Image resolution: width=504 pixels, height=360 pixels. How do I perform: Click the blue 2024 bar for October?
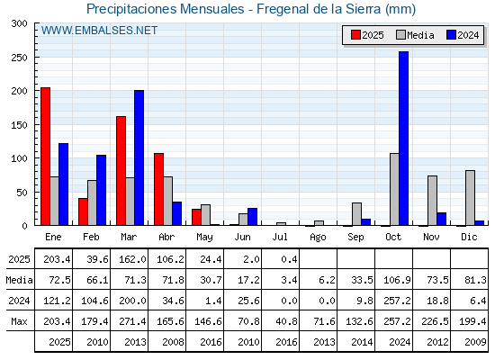[x=404, y=139]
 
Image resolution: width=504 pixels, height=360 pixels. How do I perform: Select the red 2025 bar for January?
[x=45, y=157]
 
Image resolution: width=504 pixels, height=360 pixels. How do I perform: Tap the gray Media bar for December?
[x=470, y=198]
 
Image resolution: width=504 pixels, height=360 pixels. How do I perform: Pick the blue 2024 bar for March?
[x=139, y=157]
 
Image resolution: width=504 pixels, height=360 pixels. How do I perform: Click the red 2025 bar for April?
[x=158, y=189]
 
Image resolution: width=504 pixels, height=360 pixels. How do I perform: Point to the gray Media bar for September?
[x=356, y=214]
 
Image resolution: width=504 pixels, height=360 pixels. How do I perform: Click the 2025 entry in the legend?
[x=367, y=35]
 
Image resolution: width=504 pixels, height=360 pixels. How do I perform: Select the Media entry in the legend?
[x=415, y=35]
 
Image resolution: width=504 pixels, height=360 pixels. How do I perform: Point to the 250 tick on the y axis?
[x=35, y=58]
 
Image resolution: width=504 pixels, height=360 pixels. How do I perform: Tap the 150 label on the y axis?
[x=19, y=125]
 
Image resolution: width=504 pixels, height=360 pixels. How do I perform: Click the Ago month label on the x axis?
[x=318, y=238]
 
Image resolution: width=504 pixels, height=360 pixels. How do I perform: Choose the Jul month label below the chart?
[x=280, y=237]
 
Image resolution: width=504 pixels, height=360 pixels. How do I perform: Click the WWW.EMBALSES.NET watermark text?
[x=99, y=31]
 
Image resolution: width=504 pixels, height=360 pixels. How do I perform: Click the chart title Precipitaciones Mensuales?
[x=166, y=9]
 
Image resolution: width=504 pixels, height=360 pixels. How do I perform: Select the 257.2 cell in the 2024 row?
[x=397, y=301]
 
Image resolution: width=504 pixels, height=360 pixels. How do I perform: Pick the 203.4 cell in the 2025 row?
[x=57, y=259]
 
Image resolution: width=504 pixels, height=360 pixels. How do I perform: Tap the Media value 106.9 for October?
[x=397, y=280]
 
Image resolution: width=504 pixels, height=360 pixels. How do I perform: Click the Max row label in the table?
[x=19, y=321]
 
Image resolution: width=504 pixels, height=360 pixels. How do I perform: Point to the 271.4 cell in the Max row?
[x=132, y=321]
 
